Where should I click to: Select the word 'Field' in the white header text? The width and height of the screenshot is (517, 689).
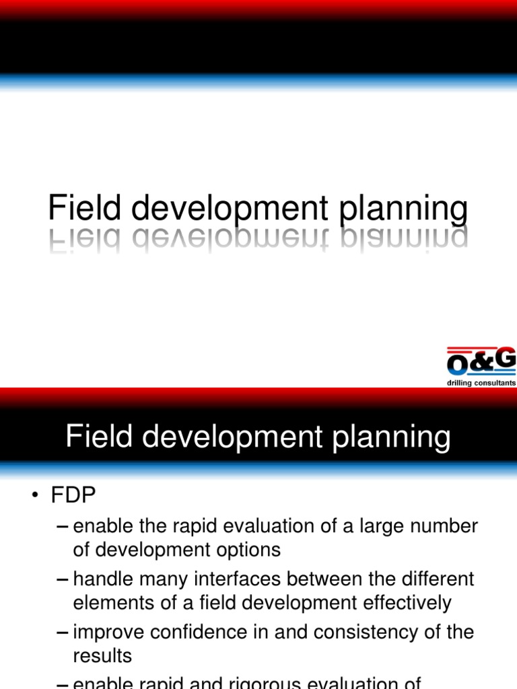click(100, 437)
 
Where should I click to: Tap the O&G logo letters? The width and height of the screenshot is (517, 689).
click(481, 361)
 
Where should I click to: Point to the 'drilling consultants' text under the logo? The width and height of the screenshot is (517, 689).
click(481, 383)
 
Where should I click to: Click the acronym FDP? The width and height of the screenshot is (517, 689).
click(73, 496)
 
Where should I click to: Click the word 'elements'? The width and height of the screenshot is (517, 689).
click(110, 603)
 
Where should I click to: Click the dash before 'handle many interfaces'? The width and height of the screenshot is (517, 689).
click(62, 579)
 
